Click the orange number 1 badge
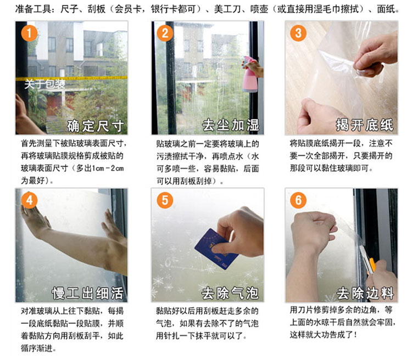click(29, 33)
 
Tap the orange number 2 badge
click(165, 33)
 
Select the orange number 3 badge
click(298, 33)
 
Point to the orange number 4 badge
click(29, 200)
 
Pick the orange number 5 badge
click(165, 200)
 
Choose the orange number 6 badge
click(298, 200)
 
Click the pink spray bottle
click(250, 75)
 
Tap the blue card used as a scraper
click(216, 249)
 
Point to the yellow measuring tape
click(71, 78)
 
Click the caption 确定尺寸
click(95, 126)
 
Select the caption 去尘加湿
click(231, 125)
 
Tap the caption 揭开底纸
click(365, 125)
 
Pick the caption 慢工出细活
click(88, 293)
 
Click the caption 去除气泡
click(230, 293)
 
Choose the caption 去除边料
click(365, 293)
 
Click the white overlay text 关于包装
click(44, 85)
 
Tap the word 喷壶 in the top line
click(259, 9)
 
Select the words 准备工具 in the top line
click(33, 9)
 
